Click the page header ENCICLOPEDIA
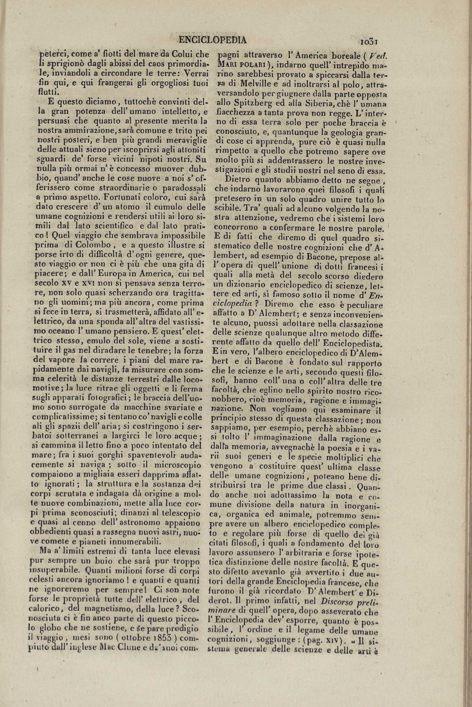pos(212,40)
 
